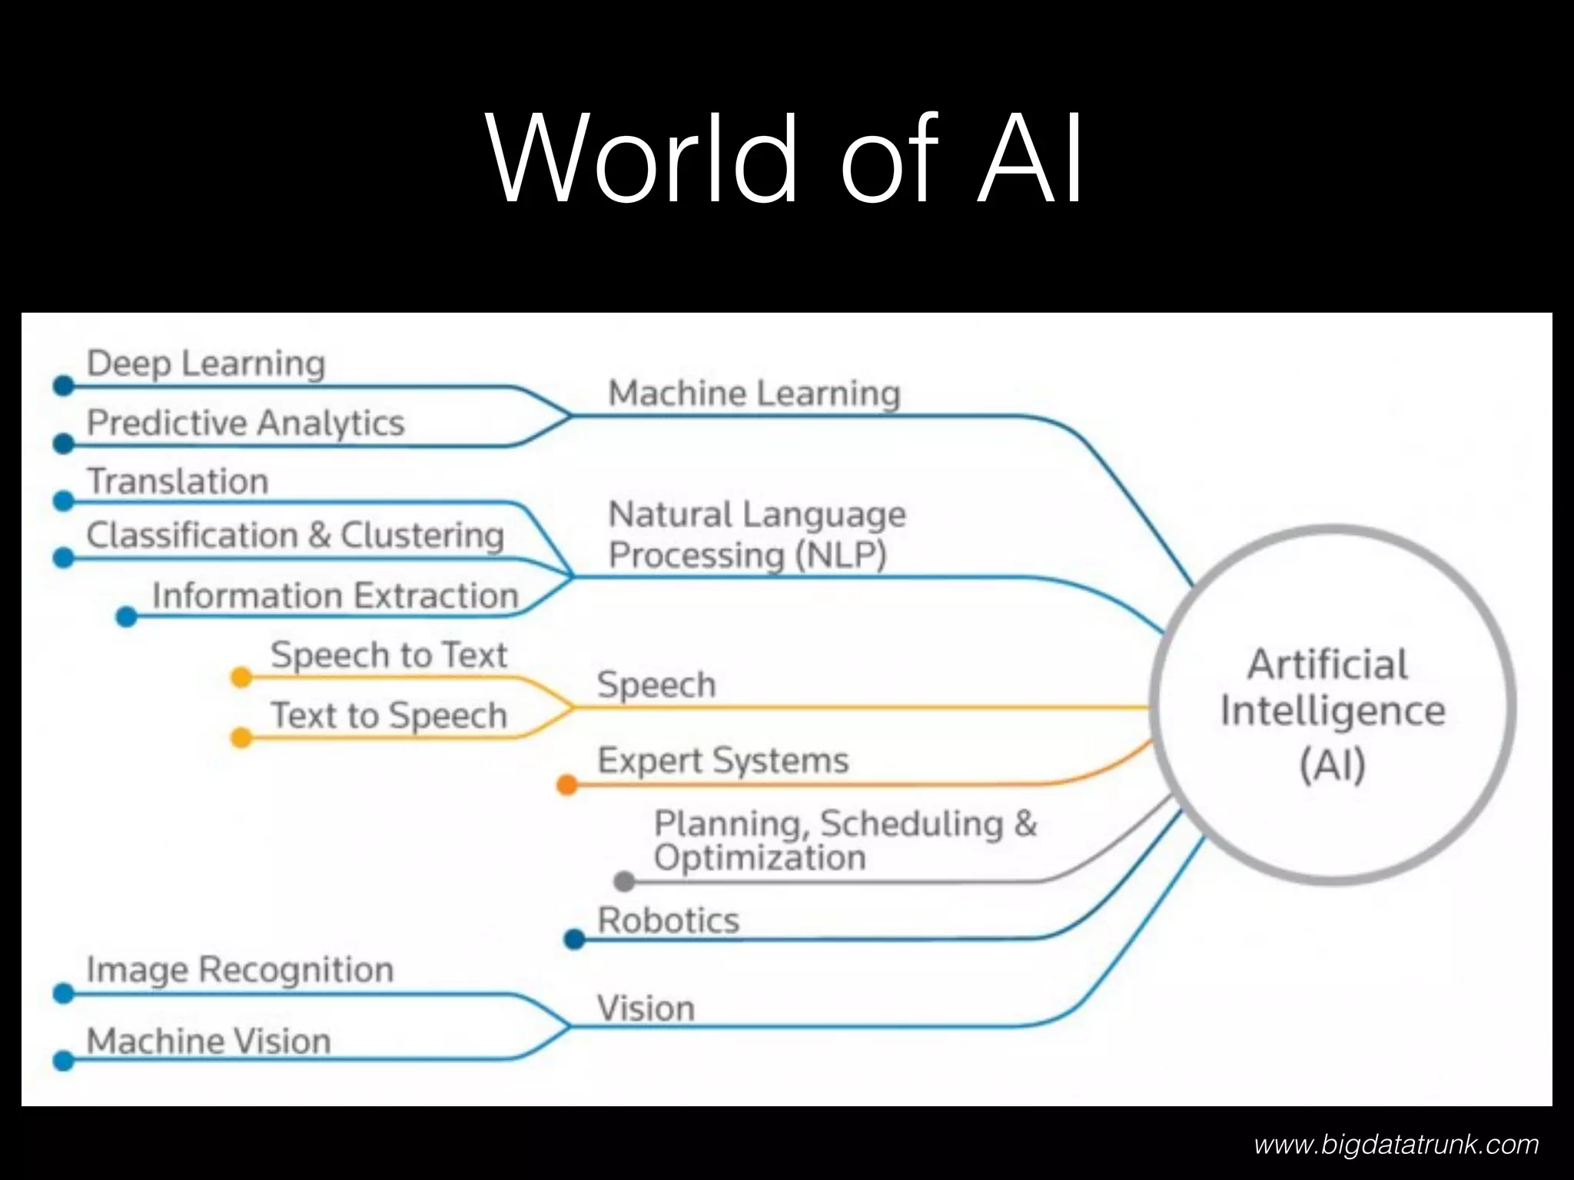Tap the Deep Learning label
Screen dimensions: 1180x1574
206,363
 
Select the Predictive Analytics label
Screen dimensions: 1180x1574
245,423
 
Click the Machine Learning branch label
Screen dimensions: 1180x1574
754,393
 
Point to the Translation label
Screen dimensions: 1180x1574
178,482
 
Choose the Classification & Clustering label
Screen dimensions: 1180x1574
295,535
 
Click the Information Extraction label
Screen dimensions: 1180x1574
335,595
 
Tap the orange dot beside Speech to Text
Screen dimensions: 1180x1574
241,677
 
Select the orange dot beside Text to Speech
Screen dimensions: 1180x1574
241,737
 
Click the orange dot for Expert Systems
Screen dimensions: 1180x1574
567,784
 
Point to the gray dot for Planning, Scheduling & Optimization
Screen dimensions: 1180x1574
624,881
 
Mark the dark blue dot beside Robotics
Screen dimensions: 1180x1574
574,939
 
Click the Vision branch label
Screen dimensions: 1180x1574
646,1008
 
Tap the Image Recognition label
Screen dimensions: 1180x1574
240,970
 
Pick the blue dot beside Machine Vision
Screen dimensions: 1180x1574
64,1061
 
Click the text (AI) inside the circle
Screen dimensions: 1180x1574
1333,764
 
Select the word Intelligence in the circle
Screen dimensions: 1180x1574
1333,711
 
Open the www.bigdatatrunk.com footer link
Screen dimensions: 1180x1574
1396,1145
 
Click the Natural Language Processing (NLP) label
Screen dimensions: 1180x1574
756,535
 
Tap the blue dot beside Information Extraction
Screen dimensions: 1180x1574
126,616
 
